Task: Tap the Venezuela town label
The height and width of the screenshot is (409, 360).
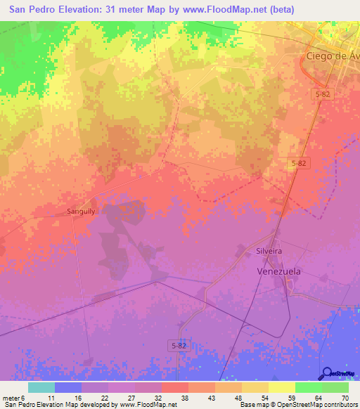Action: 277,271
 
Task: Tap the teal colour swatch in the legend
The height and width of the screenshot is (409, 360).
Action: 41,387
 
